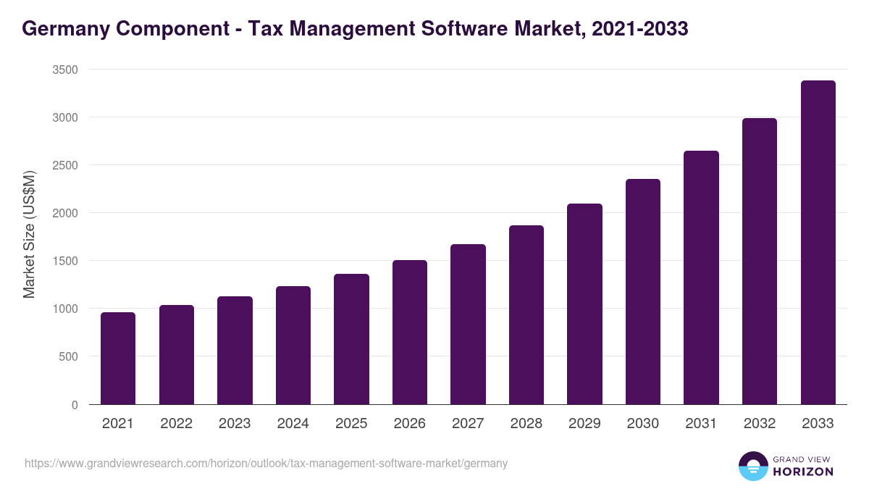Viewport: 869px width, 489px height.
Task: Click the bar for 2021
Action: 118,359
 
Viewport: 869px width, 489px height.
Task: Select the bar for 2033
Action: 818,243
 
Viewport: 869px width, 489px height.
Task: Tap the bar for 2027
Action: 468,325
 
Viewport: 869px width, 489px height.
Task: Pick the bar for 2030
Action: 643,292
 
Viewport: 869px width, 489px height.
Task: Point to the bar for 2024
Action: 293,346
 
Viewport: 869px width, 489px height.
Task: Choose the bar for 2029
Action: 584,304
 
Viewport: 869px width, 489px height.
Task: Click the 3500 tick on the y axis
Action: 65,70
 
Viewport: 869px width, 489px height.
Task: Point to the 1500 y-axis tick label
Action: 65,261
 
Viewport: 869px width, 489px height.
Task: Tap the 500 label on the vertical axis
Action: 69,356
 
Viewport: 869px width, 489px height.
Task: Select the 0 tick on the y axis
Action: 75,405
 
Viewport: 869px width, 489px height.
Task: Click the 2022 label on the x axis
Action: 176,424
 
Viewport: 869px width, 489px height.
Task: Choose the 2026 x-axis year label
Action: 410,424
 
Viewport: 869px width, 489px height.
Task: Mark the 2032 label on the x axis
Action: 760,424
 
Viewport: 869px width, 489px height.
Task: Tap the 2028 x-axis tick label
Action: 526,424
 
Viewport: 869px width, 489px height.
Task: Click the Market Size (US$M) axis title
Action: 29,235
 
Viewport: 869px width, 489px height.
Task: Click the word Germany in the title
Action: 64,29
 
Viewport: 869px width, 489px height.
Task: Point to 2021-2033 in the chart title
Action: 639,29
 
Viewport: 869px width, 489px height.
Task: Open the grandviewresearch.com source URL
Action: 266,463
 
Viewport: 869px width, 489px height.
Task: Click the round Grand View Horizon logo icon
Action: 752,466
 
